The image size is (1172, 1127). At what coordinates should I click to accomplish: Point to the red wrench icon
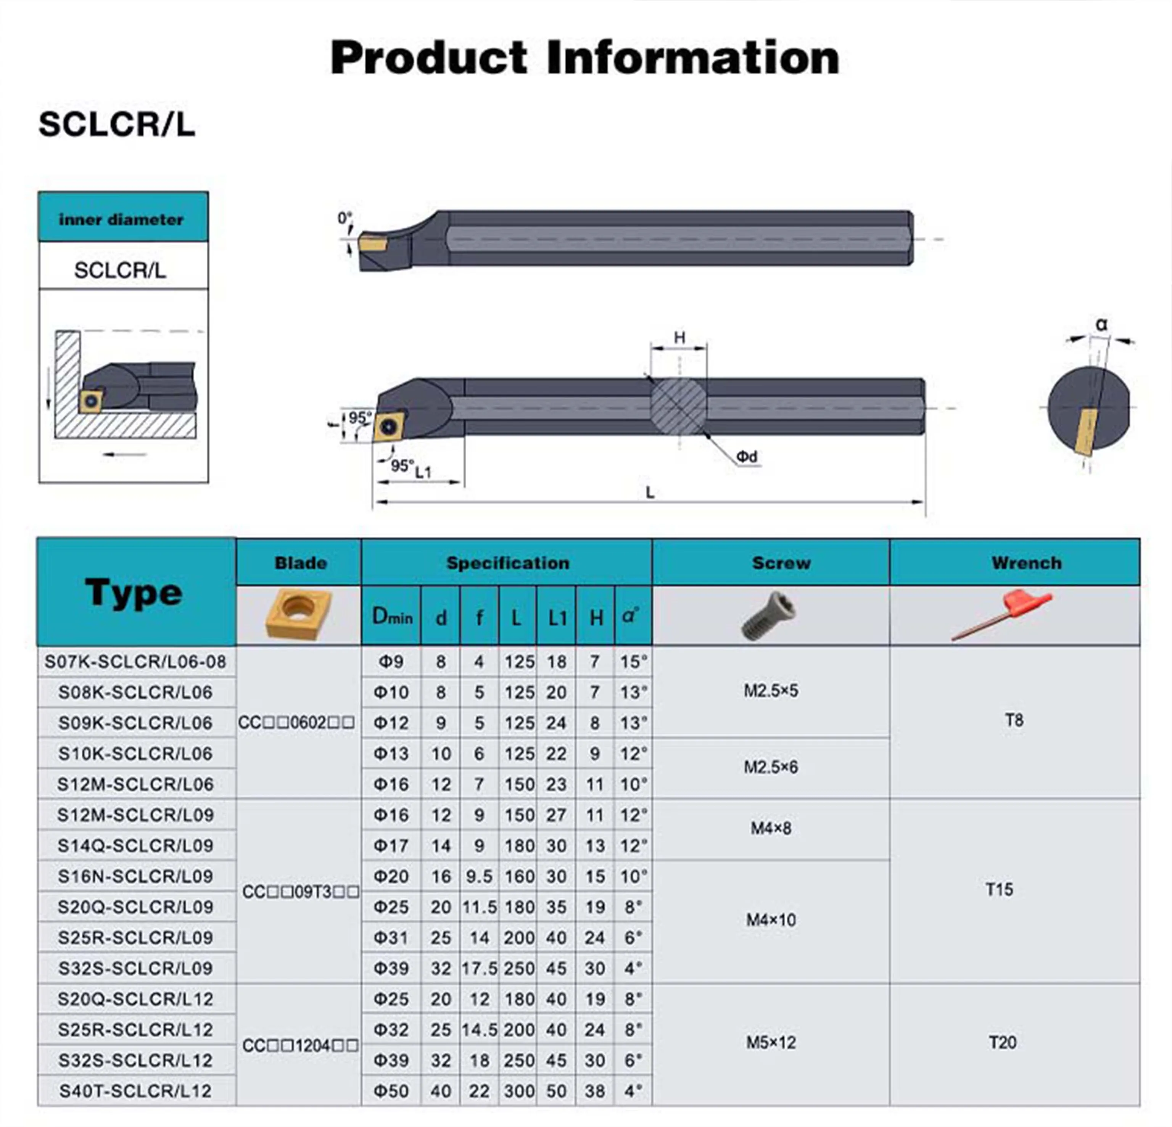(x=1001, y=615)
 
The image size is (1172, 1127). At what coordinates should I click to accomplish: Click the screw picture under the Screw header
(x=769, y=615)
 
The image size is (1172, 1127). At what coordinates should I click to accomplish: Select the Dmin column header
(x=392, y=616)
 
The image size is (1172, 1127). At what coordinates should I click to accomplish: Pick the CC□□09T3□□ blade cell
(x=300, y=892)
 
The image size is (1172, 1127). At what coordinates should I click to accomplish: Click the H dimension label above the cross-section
(x=679, y=338)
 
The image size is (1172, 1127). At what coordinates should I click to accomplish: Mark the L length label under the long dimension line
(x=650, y=493)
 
